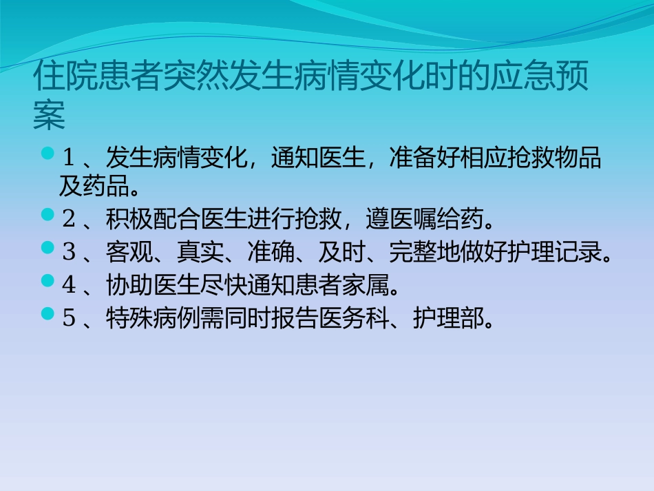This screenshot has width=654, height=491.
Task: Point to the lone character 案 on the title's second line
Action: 49,117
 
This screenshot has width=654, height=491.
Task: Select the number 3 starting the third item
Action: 68,252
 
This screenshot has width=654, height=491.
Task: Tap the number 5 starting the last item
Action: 68,318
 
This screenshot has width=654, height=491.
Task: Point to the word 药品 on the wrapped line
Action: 106,186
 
